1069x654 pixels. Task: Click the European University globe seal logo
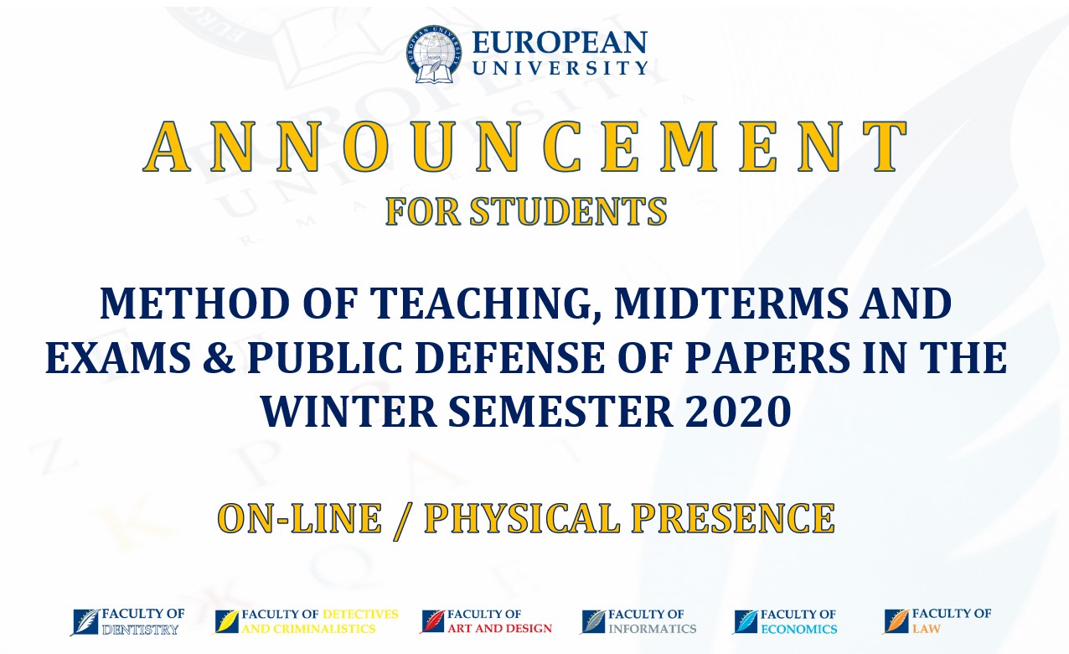click(434, 54)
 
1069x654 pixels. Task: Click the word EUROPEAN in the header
click(560, 43)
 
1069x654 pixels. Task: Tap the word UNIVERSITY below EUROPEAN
click(560, 68)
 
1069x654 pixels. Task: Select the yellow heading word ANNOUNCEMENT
click(525, 147)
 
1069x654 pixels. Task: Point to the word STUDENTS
click(568, 211)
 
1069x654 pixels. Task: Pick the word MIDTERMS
click(731, 304)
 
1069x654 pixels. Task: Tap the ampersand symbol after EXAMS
click(219, 357)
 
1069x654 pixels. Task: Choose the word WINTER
click(349, 412)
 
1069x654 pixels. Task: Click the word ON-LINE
click(300, 518)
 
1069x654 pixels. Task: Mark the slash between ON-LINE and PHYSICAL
click(403, 521)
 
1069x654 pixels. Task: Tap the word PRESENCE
click(733, 518)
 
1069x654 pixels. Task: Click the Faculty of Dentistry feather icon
click(86, 622)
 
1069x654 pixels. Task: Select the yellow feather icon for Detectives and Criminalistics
click(226, 621)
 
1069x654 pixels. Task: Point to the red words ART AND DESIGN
click(499, 628)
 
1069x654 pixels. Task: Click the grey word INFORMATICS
click(653, 629)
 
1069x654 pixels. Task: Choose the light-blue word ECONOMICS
click(799, 629)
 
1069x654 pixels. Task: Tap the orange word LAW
click(927, 629)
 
